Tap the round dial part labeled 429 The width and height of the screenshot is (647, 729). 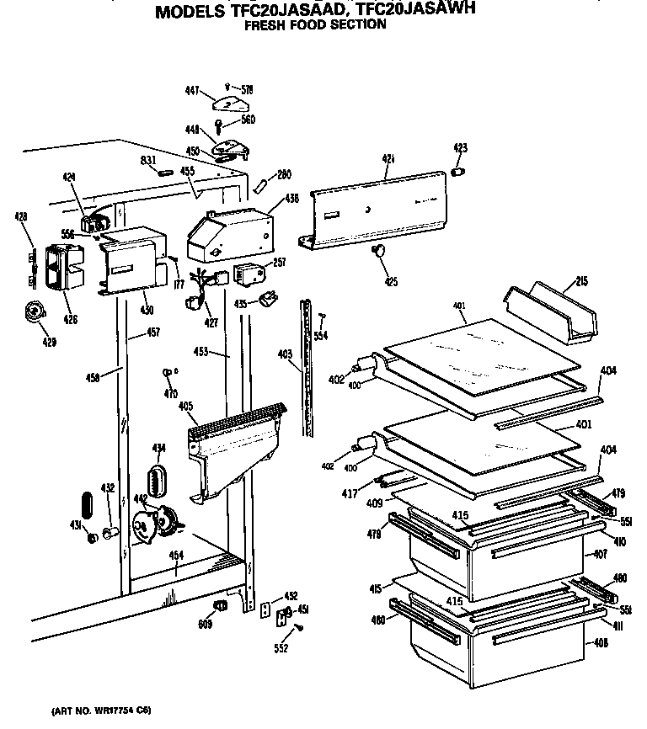click(35, 313)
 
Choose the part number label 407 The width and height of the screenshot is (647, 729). click(600, 554)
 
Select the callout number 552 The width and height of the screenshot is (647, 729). click(281, 648)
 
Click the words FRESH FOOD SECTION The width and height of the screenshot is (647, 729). click(315, 24)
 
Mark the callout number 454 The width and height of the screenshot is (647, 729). click(176, 555)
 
